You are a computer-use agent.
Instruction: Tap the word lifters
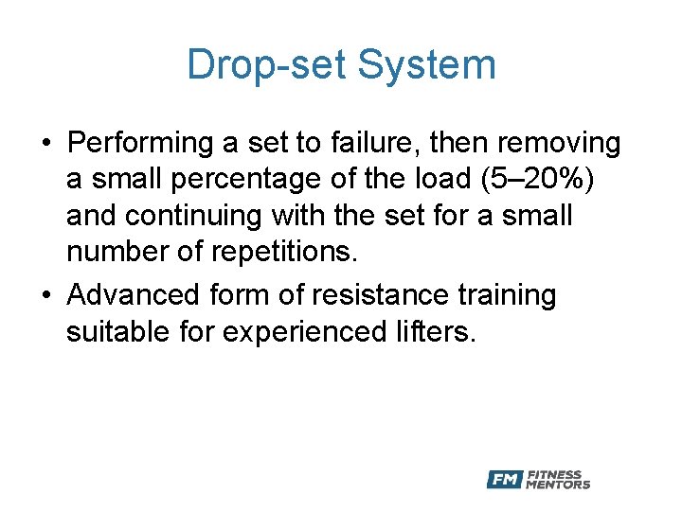[x=436, y=332]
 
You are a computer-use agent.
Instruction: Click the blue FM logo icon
[x=505, y=480]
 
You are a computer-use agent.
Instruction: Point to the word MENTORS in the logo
[x=559, y=485]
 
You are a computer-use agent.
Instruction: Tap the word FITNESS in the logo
[x=555, y=475]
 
